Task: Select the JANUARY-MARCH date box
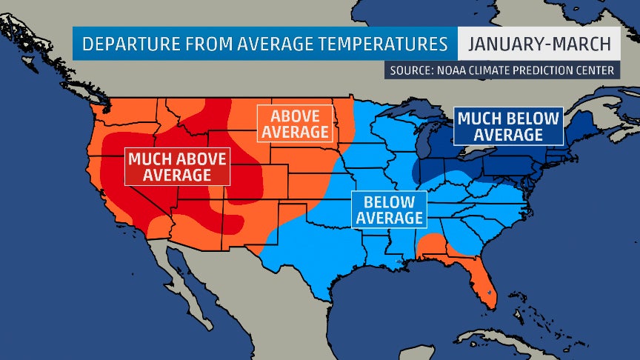pos(539,44)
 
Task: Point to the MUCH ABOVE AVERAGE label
pos(177,166)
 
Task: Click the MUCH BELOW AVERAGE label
pos(508,125)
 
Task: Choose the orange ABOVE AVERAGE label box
pos(294,124)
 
